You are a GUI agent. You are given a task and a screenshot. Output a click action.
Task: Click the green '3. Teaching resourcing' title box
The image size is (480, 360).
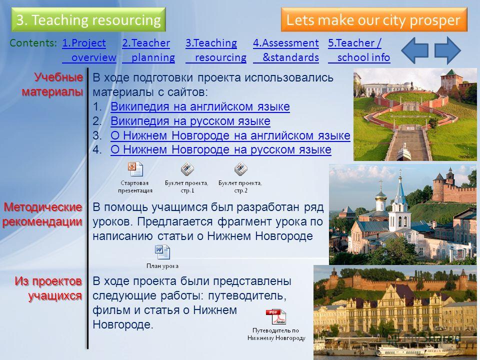88,20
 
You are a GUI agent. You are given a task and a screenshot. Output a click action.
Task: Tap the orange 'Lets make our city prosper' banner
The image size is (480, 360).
374,20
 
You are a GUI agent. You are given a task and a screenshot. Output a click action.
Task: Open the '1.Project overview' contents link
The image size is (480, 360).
89,50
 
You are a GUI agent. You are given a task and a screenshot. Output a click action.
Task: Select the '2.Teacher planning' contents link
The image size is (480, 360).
148,50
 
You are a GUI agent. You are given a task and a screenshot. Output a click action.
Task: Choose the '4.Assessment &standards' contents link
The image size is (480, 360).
286,50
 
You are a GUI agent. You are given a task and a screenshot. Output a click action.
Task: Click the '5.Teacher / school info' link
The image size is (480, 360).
359,50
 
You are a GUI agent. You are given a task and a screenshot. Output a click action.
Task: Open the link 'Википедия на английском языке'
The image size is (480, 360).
200,106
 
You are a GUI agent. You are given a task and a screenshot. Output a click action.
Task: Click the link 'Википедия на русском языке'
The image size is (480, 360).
190,121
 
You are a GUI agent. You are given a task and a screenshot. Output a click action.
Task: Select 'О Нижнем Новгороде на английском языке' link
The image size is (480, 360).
230,135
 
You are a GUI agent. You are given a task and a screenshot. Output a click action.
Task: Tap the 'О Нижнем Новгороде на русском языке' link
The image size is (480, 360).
220,149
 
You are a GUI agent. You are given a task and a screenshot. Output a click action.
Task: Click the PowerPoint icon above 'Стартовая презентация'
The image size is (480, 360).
135,169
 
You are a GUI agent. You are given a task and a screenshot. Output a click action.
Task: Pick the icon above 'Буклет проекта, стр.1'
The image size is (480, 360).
187,169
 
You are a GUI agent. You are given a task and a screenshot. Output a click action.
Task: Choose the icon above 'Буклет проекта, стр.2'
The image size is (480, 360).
241,169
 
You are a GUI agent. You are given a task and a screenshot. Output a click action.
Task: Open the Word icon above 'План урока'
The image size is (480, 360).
162,252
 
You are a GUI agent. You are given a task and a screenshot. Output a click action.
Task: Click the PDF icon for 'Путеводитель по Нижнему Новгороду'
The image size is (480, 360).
276,317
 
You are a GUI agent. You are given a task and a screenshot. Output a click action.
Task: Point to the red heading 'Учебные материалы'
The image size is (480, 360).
52,84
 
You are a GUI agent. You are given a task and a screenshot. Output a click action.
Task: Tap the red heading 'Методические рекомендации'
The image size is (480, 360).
42,214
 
